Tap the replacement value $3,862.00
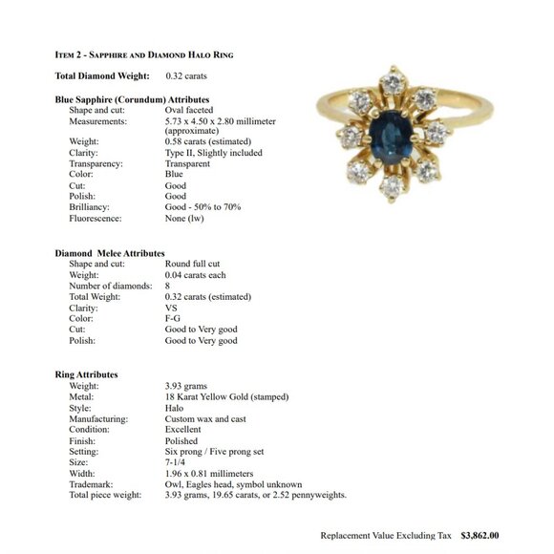479,536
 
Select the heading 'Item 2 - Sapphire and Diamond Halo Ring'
143,54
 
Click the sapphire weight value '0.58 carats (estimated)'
208,141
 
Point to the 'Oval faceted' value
188,110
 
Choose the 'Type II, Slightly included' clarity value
213,153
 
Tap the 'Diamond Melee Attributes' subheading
110,253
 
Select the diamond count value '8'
168,286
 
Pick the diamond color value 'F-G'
173,319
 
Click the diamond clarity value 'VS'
171,308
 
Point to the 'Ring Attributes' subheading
86,374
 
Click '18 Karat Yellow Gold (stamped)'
226,396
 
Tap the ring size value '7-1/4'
177,462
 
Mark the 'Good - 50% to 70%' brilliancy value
202,206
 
